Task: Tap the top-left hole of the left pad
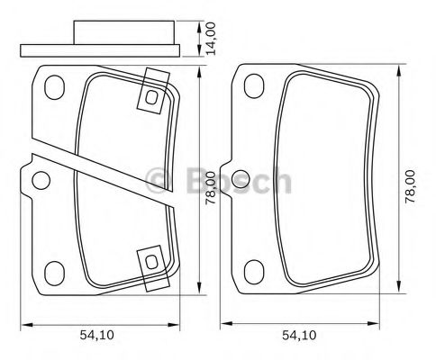[x=55, y=89]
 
